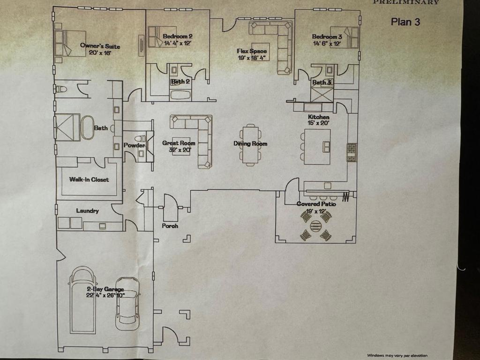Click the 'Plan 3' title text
pos(405,22)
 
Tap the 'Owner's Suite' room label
pos(100,46)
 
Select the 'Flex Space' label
pos(252,51)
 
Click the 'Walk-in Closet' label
pos(89,180)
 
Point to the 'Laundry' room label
pos(88,211)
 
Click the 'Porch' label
pos(170,226)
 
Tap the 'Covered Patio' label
pos(316,204)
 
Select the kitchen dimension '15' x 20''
pos(318,123)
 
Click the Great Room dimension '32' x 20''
pos(179,150)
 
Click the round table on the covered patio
pos(316,225)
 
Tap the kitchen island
pos(317,146)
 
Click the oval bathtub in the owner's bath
pos(88,127)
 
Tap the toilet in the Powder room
pos(139,139)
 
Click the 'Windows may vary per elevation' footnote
pos(397,355)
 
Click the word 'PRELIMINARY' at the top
pos(406,2)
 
